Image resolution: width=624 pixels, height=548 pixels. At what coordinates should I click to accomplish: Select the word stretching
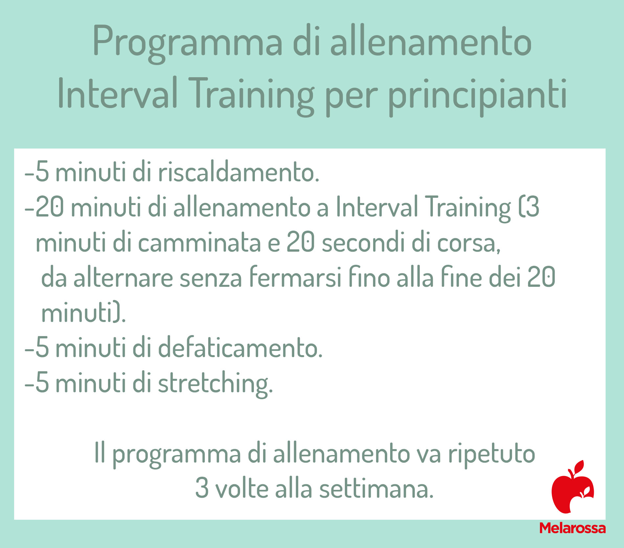coord(215,384)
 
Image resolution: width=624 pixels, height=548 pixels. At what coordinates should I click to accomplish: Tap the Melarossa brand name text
coord(572,528)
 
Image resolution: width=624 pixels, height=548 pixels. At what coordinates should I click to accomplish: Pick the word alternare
coord(123,278)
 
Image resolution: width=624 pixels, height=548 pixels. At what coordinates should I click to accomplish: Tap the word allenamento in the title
coord(431,42)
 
